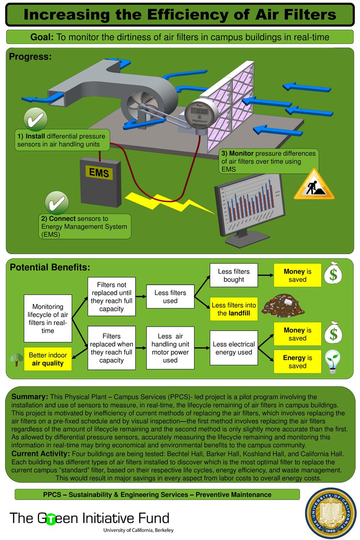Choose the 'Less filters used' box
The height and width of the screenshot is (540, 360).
(x=170, y=297)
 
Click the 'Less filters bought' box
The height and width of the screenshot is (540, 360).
(x=234, y=275)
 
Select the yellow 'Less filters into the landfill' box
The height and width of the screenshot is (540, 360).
(x=234, y=309)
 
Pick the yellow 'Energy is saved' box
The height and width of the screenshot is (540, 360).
(x=297, y=362)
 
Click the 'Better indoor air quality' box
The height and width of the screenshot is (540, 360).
(x=48, y=359)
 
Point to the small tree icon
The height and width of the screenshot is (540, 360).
(x=15, y=359)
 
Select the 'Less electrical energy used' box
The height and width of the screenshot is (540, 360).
(x=234, y=348)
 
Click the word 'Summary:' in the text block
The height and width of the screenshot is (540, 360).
(x=30, y=397)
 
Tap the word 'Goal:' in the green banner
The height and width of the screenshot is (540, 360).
(x=42, y=37)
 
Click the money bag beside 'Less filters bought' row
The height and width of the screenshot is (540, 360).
(x=333, y=273)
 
